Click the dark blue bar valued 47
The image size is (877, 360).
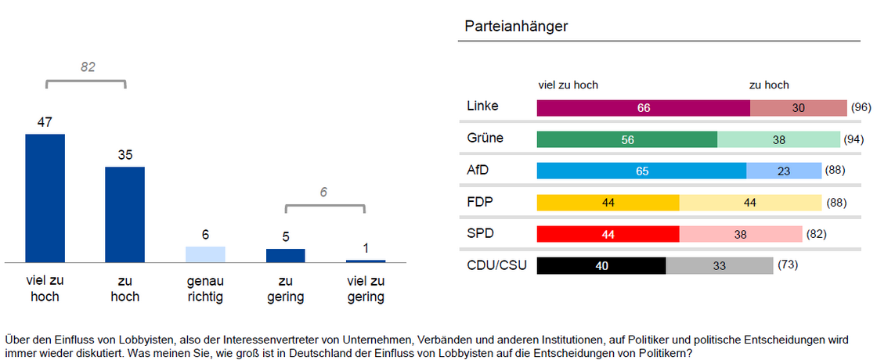(45, 198)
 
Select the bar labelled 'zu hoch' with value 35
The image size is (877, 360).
(125, 214)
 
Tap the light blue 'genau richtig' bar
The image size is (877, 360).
(205, 254)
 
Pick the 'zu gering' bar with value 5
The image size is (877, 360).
(286, 255)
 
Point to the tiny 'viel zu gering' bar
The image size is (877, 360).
(366, 261)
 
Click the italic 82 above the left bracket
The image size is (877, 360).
(88, 67)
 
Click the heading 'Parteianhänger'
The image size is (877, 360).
(516, 27)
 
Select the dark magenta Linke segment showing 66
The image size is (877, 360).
(643, 108)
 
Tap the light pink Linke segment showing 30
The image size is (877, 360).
(798, 108)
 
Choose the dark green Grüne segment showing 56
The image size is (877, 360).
(626, 139)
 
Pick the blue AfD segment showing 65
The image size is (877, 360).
(641, 171)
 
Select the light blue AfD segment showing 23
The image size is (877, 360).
(784, 171)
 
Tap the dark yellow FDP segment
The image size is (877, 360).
(608, 203)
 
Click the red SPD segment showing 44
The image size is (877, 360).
(608, 234)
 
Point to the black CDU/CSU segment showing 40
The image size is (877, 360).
(601, 266)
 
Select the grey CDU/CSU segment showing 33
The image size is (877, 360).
(719, 266)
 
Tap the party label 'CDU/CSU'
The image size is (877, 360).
(496, 265)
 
